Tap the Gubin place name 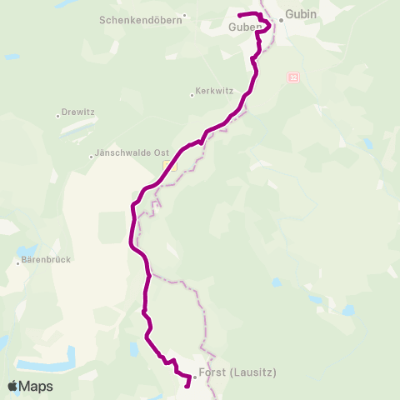(301, 14)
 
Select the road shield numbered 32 (293, 77)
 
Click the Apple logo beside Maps (12, 386)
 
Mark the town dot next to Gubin (282, 20)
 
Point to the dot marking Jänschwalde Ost (92, 156)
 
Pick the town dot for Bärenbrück (18, 263)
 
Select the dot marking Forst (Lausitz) (194, 377)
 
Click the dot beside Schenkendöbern (185, 15)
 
